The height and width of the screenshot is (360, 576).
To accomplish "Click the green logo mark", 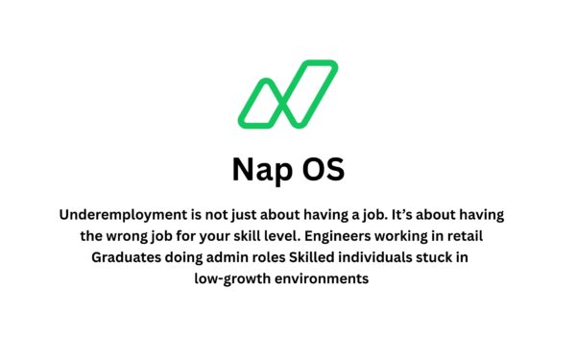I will pos(287,94).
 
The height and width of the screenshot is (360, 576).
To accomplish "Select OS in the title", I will pos(323,170).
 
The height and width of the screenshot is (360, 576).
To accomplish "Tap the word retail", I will pos(491,236).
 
